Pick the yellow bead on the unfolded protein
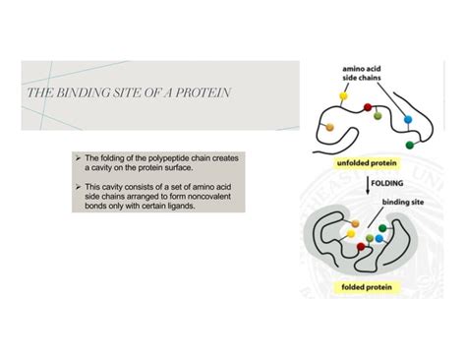pos(344,98)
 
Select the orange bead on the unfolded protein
pos(330,126)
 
